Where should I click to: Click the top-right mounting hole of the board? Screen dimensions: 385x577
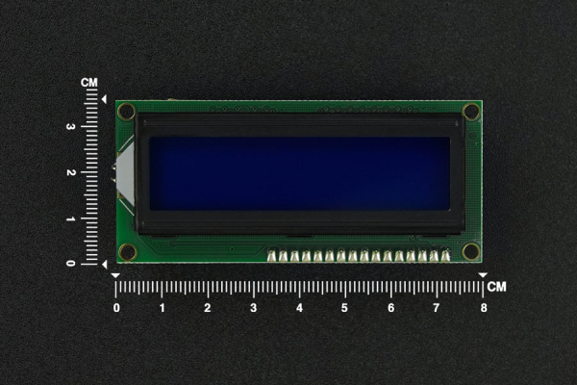point(470,112)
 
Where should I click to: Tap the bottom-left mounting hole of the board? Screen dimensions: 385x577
point(127,252)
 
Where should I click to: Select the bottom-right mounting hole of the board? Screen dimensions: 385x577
point(470,252)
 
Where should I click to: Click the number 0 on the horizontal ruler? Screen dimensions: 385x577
point(116,308)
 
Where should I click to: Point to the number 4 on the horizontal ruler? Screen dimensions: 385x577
point(299,308)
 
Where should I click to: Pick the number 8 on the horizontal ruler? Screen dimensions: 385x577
point(483,308)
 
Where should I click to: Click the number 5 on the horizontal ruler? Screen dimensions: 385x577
point(344,308)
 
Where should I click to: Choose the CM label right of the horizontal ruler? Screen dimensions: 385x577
point(496,287)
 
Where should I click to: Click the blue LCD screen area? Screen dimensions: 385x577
point(299,173)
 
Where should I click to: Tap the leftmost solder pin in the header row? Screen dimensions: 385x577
point(272,256)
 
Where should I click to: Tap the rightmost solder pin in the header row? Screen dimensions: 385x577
point(445,256)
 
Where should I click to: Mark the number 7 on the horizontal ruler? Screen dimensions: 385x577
point(436,308)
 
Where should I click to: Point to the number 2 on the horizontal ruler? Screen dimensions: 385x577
point(208,308)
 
